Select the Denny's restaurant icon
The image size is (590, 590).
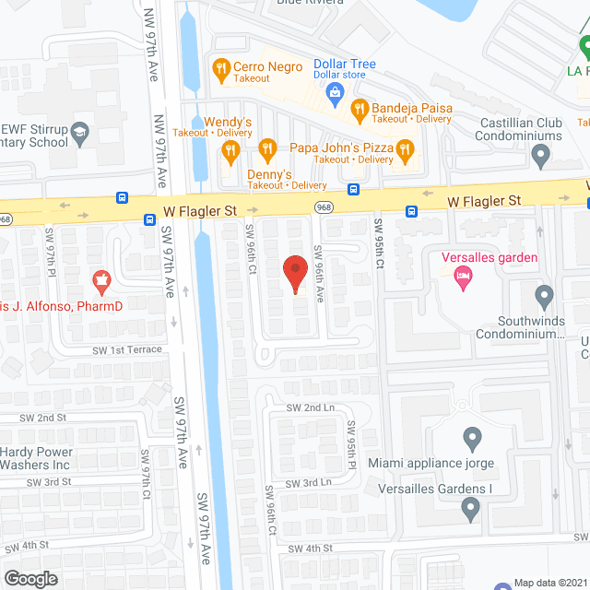[x=266, y=148]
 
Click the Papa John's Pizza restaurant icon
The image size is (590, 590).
[x=404, y=148]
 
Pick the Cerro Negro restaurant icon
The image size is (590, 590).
[x=220, y=67]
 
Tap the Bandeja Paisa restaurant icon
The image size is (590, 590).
[x=359, y=108]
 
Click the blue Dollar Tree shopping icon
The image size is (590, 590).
[x=336, y=90]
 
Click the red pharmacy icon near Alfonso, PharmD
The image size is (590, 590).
[x=101, y=277]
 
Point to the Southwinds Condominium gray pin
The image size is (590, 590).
[x=544, y=296]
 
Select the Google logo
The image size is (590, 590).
[x=30, y=578]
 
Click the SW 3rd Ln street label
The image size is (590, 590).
[x=308, y=483]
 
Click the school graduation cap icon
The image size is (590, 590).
[x=80, y=136]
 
